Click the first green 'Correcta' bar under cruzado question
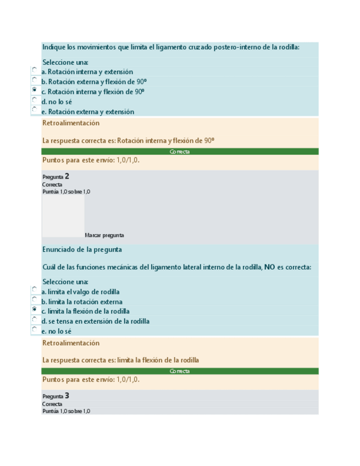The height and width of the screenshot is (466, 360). point(180,152)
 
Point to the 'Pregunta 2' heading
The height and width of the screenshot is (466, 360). point(56,176)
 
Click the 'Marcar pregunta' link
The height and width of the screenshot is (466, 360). point(104,235)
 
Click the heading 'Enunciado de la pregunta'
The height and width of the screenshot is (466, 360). point(82,249)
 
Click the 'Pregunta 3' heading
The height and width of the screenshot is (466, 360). point(56,396)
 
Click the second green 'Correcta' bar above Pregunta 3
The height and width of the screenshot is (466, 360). point(180,371)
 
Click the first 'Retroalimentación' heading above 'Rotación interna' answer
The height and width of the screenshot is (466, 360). point(71,123)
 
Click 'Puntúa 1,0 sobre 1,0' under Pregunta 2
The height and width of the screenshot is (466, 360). point(66,192)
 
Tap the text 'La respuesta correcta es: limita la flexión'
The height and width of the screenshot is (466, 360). point(120,360)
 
